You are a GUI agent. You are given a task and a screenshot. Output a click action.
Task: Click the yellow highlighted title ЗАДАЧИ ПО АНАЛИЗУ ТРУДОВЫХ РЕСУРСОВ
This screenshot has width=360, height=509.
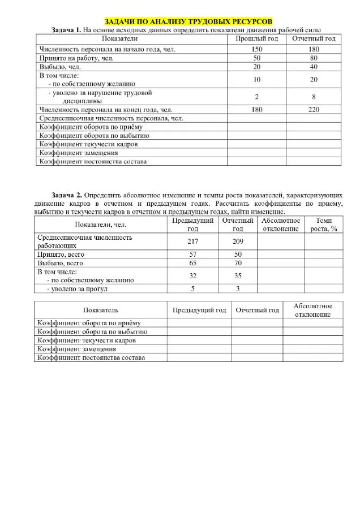pos(180,21)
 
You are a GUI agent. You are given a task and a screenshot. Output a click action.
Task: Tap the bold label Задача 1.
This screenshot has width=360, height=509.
pos(67,29)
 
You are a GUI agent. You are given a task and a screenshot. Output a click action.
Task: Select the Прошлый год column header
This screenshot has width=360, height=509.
pos(256,38)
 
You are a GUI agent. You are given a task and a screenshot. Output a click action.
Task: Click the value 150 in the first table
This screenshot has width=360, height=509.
pos(256,49)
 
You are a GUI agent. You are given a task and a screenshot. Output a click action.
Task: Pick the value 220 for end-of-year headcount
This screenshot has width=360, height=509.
pos(314,110)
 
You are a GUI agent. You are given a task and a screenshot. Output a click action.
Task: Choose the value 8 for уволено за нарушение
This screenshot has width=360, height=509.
pos(314,96)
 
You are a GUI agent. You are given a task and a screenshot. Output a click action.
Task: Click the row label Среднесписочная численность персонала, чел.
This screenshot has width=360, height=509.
pos(110,118)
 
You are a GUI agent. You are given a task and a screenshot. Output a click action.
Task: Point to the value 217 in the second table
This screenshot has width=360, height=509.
pos(192,242)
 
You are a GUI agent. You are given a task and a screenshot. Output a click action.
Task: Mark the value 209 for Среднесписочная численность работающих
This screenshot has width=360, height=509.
pos(238,242)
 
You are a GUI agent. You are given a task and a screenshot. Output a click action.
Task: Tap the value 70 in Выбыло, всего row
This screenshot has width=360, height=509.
pos(238,264)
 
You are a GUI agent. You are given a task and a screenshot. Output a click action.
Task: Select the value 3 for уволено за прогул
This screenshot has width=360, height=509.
pos(238,289)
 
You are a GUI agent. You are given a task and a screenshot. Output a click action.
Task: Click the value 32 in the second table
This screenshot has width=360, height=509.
pos(192,276)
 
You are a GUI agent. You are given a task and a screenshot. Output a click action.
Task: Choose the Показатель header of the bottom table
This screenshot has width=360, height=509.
pos(100,310)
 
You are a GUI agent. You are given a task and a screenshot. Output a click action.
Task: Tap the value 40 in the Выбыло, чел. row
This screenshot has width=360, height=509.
pos(314,67)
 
